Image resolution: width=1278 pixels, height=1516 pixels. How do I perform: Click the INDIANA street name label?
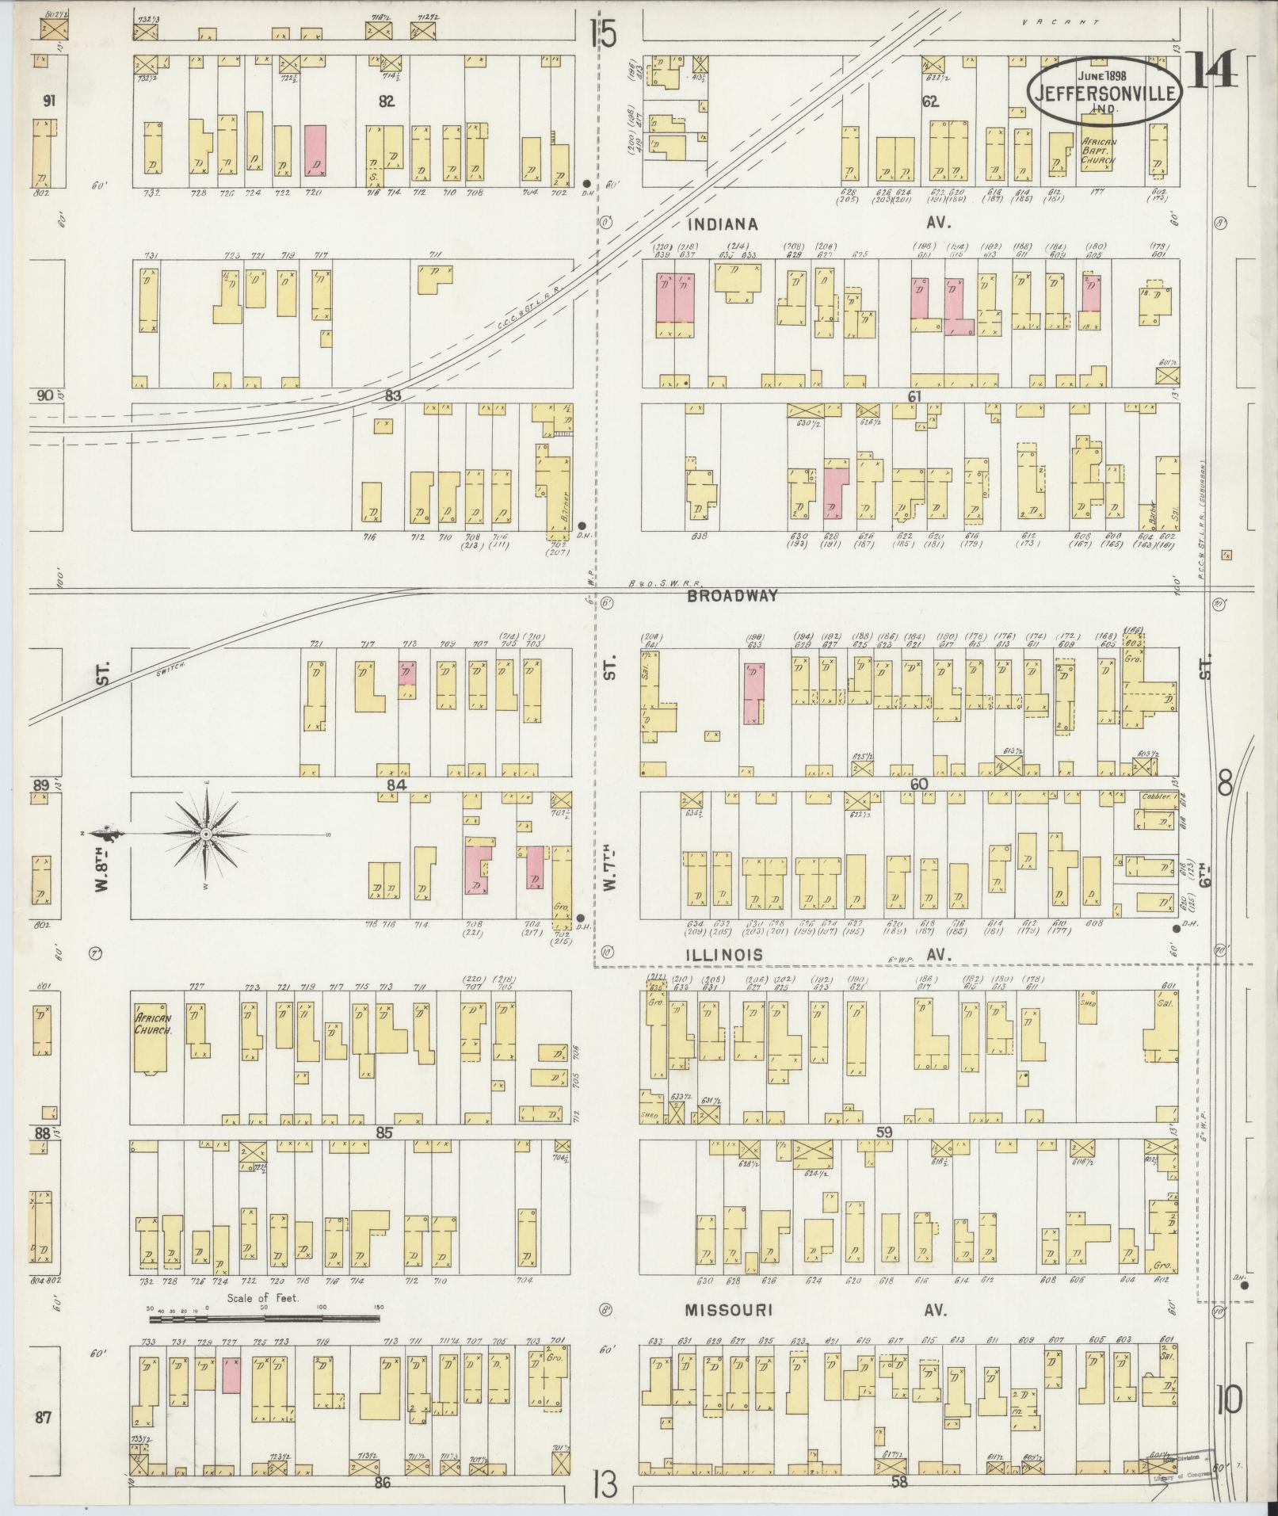[723, 224]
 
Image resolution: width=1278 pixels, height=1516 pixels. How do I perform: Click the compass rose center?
[205, 834]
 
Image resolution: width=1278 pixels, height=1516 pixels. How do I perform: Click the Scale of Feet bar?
[264, 1319]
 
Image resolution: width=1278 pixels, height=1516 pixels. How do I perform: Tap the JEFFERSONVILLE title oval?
[1106, 90]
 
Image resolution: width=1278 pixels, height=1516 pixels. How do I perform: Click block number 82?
[387, 101]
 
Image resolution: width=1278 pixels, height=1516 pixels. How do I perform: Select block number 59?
[884, 1133]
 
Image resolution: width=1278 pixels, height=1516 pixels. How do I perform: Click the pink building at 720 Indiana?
[315, 150]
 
